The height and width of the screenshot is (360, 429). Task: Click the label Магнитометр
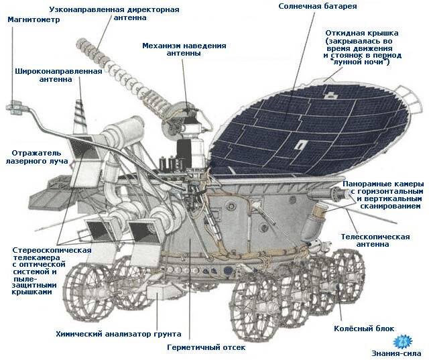click(x=34, y=19)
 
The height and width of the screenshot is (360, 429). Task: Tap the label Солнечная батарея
click(x=318, y=6)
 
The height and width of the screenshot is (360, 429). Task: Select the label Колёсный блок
click(x=364, y=328)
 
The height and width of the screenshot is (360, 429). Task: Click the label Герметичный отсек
click(x=206, y=347)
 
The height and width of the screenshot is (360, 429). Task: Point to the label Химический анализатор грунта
click(x=119, y=334)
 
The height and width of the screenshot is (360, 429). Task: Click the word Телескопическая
click(x=375, y=237)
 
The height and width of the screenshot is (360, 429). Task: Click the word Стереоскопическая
click(x=52, y=250)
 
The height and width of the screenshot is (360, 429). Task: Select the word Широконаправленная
click(x=58, y=72)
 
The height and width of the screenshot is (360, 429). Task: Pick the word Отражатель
click(x=36, y=153)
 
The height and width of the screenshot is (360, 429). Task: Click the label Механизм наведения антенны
click(x=184, y=50)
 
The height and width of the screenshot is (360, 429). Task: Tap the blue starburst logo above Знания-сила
click(x=402, y=341)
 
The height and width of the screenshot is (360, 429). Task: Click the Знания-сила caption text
click(x=396, y=353)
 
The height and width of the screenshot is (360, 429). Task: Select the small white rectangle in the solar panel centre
click(x=300, y=144)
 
